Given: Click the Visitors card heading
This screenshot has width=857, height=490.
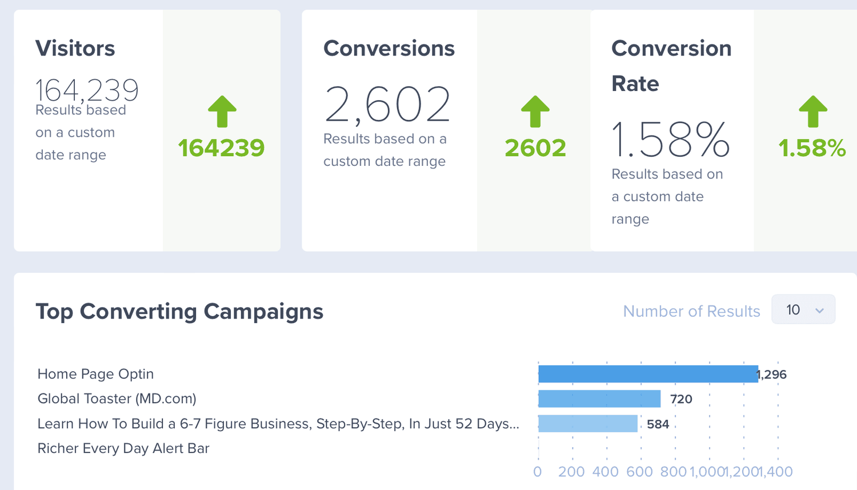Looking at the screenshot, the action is [x=75, y=48].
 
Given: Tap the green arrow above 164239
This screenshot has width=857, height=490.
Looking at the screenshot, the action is [x=222, y=111].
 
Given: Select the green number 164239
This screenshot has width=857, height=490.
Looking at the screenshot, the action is [x=221, y=148].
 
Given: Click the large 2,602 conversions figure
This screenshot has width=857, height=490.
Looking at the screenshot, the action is [x=387, y=104].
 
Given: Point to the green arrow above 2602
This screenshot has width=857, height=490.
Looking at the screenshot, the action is [x=535, y=111].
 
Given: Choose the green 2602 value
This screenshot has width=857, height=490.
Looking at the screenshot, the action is [x=535, y=148].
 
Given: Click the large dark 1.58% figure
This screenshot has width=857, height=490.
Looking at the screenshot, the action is [x=671, y=140].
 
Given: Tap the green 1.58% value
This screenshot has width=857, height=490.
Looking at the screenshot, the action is [x=812, y=148].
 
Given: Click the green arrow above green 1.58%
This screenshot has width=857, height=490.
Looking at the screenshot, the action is [x=813, y=111].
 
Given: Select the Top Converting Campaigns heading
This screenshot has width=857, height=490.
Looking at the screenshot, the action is [x=179, y=311].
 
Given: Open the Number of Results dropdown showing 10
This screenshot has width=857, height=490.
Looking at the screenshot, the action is [x=803, y=309].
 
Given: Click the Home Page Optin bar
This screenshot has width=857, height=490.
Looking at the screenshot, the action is [x=648, y=374].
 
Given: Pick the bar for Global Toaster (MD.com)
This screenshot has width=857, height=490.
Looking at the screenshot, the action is [x=599, y=399].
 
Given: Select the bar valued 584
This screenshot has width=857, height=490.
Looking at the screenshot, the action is [x=588, y=424].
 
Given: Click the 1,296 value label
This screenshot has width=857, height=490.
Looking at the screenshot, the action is [x=772, y=375].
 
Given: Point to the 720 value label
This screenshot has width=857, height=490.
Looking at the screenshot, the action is [x=681, y=399].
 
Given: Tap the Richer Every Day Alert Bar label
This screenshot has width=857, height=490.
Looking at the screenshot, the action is [x=123, y=448].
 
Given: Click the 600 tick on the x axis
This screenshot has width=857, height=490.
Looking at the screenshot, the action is [x=639, y=472].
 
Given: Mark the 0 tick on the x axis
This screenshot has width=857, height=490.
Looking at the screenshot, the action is [x=538, y=472].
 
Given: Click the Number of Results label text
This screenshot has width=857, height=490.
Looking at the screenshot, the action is [x=692, y=311].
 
